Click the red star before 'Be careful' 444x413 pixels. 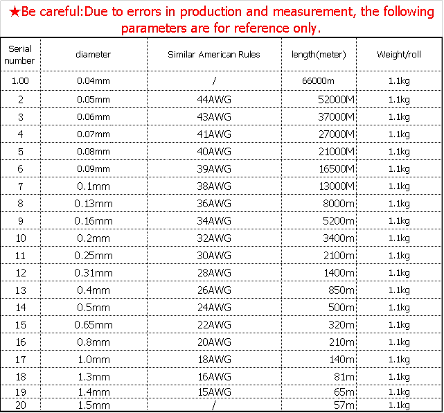(x=15, y=12)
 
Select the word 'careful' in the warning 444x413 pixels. (x=54, y=12)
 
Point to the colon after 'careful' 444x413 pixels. (x=75, y=12)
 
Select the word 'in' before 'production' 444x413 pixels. (x=170, y=12)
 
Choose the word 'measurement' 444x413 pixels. (x=312, y=12)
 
